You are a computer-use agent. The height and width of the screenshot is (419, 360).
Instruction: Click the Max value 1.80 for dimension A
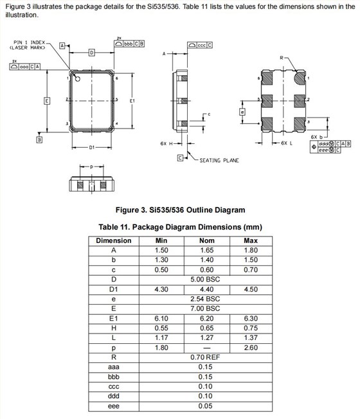click(x=250, y=250)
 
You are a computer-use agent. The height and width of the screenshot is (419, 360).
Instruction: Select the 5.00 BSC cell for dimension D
click(x=205, y=280)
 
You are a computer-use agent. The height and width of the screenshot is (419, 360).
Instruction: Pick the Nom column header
click(x=205, y=240)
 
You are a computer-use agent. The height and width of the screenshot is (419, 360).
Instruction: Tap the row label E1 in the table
click(x=114, y=318)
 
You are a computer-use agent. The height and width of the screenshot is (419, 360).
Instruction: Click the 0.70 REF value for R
click(x=205, y=357)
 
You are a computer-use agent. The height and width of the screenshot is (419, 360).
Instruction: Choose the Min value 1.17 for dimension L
click(x=161, y=337)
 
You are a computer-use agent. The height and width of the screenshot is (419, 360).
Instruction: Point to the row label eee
click(x=114, y=405)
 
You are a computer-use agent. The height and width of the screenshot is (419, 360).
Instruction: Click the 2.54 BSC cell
click(x=205, y=299)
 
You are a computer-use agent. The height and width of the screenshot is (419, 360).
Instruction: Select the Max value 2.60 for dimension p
click(x=250, y=347)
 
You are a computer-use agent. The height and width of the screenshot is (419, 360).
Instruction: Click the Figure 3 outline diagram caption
click(x=179, y=209)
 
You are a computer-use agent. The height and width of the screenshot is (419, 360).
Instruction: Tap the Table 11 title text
click(x=179, y=227)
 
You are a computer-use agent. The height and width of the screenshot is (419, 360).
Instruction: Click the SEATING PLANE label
click(x=219, y=160)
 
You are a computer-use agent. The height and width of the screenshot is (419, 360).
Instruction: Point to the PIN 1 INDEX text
click(x=28, y=42)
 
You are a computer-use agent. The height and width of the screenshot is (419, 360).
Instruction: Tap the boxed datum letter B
click(x=39, y=139)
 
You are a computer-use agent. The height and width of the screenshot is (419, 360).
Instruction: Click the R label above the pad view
click(x=281, y=58)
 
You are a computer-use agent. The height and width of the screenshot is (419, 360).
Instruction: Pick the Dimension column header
click(x=114, y=240)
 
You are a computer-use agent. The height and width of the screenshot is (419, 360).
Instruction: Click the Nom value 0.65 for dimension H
click(x=205, y=328)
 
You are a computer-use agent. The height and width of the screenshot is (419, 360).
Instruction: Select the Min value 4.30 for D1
click(x=161, y=289)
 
